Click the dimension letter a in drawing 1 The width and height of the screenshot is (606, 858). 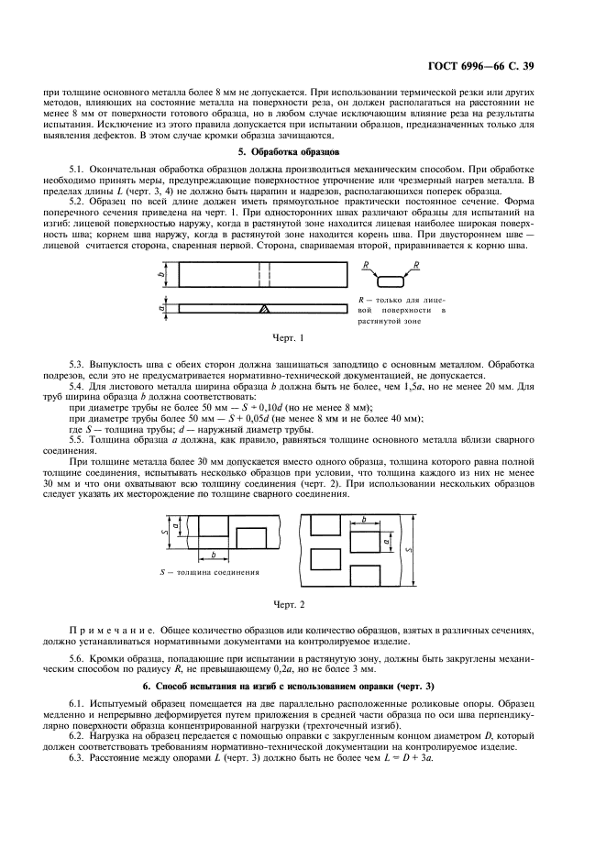click(x=161, y=308)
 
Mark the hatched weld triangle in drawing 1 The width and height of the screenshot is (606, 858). click(x=264, y=309)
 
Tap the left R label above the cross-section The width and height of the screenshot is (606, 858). click(x=364, y=265)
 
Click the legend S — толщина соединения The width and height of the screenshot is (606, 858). click(x=209, y=573)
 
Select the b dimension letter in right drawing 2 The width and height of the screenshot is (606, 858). click(x=364, y=519)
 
